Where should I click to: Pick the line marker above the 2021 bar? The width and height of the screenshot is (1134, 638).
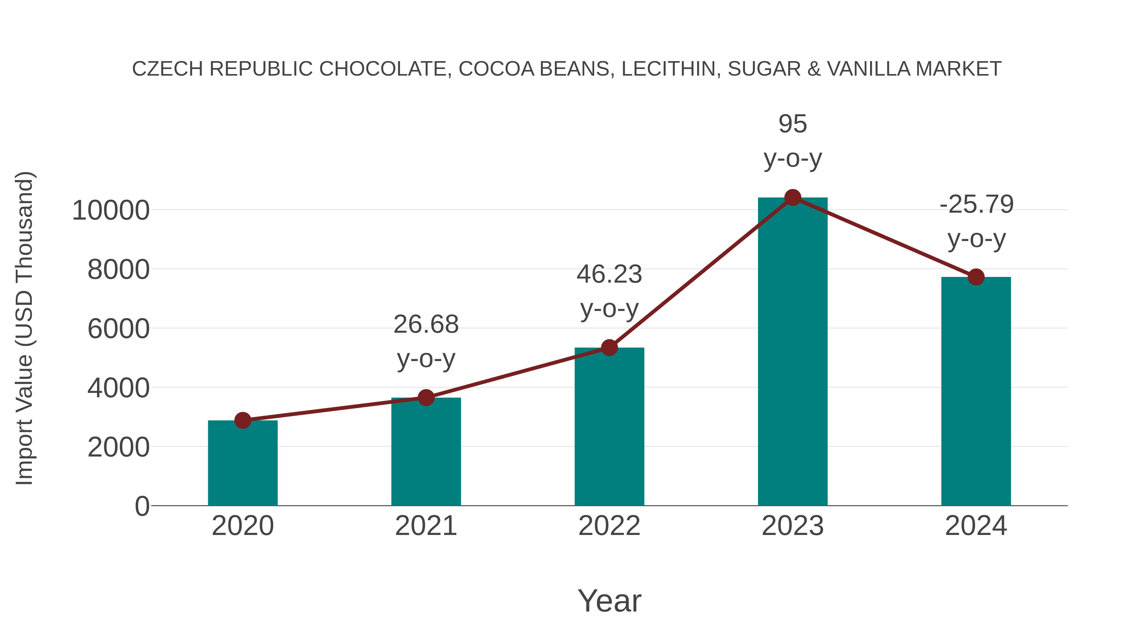(426, 398)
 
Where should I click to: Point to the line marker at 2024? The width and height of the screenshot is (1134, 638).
(976, 277)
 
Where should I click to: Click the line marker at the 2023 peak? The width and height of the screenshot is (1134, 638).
(793, 198)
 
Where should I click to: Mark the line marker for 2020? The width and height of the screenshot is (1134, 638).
(243, 421)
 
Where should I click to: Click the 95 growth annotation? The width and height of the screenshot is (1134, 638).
(793, 124)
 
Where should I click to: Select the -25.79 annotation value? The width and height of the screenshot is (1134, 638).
(976, 204)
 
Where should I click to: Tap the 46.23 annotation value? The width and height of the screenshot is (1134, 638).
(609, 274)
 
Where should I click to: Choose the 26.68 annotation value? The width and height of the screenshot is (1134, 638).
(426, 325)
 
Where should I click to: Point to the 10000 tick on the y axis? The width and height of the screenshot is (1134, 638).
(111, 210)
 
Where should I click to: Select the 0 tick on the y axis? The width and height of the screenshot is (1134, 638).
(142, 506)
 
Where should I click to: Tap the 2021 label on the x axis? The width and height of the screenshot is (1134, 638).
(426, 526)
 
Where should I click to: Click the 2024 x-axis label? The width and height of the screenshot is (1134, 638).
(976, 526)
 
